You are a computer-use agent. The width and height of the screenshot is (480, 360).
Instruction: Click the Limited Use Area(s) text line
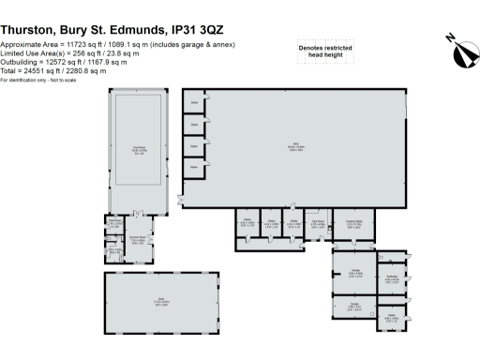[x=69, y=53]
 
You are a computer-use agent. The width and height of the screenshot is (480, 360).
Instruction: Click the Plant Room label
[x=114, y=223]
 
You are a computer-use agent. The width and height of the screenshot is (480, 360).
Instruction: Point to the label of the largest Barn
[x=296, y=147]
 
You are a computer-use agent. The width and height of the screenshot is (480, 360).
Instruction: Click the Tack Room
[x=318, y=224]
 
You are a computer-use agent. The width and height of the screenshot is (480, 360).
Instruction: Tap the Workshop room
[x=393, y=278]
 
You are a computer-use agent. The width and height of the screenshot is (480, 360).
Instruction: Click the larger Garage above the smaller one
[x=354, y=276]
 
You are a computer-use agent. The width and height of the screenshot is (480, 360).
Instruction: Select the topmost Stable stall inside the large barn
[x=194, y=101]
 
